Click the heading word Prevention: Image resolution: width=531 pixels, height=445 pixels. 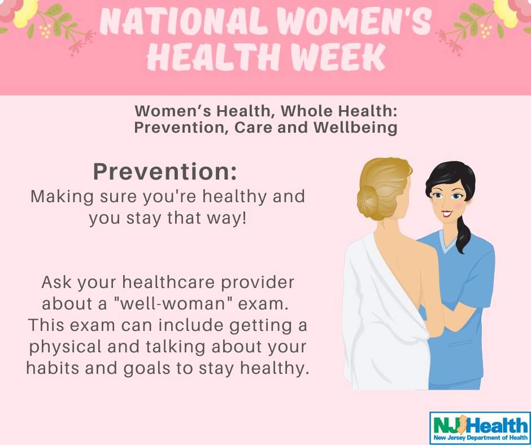(165, 172)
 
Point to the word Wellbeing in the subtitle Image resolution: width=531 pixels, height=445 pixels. (355, 128)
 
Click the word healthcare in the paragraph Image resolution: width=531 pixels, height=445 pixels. (168, 282)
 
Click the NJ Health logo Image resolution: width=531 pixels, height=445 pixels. (480, 427)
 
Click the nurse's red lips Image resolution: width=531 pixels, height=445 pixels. (447, 213)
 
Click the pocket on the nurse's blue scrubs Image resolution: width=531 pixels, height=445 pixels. (460, 343)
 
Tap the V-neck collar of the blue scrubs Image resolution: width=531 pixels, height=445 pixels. (448, 241)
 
